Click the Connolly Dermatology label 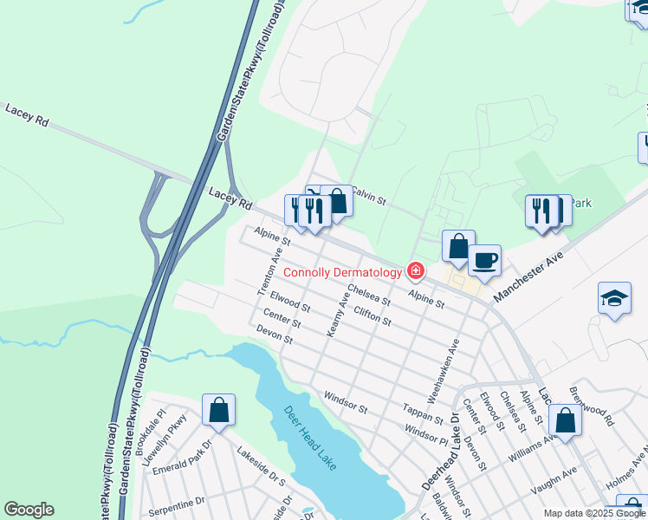click(x=343, y=272)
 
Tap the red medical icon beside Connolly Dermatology click(x=416, y=272)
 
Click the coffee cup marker click(x=484, y=259)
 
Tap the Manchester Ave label click(x=528, y=276)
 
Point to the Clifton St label click(x=373, y=315)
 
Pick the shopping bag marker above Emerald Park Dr click(x=218, y=410)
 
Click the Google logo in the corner click(x=29, y=510)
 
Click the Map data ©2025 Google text click(x=594, y=513)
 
